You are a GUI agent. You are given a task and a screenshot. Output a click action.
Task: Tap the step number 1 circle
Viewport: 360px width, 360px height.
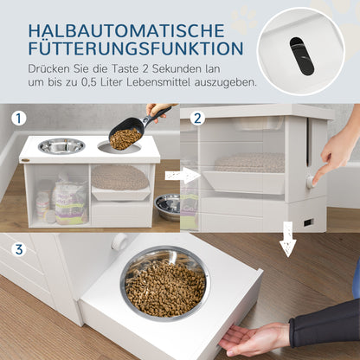click(x=18, y=119)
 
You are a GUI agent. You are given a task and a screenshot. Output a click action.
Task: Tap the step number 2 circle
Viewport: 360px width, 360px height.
click(x=197, y=119)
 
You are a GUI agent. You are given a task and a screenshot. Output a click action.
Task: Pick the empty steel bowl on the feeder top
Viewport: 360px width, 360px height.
click(x=61, y=145)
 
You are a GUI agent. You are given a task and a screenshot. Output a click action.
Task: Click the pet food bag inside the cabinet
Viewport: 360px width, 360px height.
click(x=69, y=201)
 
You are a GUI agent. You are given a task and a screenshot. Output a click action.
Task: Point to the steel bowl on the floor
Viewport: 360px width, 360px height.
click(x=167, y=205)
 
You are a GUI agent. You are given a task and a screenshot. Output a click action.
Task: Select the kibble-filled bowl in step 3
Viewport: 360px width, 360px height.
click(x=164, y=285)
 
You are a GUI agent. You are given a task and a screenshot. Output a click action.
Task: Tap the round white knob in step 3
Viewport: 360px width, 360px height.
click(x=119, y=241)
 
